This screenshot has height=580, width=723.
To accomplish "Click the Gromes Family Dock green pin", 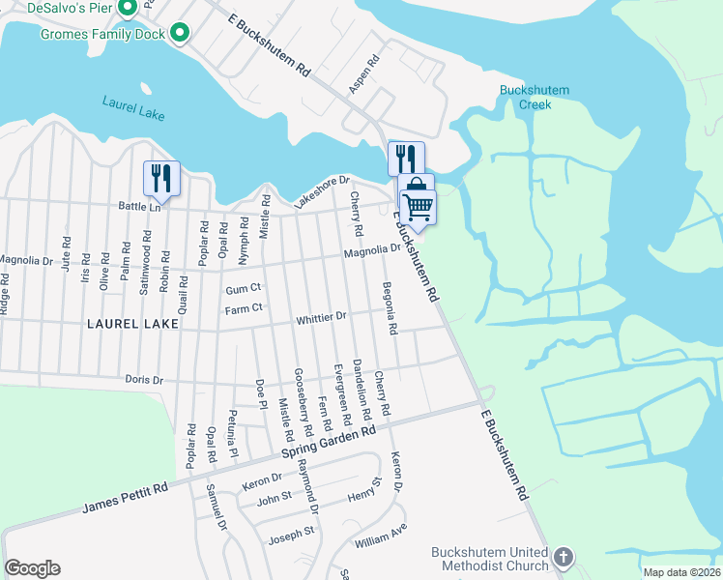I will pos(178,33).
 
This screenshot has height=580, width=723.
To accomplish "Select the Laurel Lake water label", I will pos(132,107).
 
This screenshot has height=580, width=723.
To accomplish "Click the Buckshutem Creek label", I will pos(535,97).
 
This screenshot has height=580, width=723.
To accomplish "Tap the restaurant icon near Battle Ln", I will pos(161,178).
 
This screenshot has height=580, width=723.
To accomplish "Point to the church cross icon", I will pos(564,558).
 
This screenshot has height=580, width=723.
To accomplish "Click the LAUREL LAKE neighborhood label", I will pos(132,324).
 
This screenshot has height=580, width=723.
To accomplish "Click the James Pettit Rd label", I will pos(125,499).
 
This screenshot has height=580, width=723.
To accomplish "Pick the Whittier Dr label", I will pos(322,317).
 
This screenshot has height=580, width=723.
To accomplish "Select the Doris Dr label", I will pos(144,380).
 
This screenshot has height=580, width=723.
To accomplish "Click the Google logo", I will pos(32,568).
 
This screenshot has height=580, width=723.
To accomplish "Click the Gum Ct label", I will pos(243,288).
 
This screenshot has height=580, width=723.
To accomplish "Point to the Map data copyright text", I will pos(681,572).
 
